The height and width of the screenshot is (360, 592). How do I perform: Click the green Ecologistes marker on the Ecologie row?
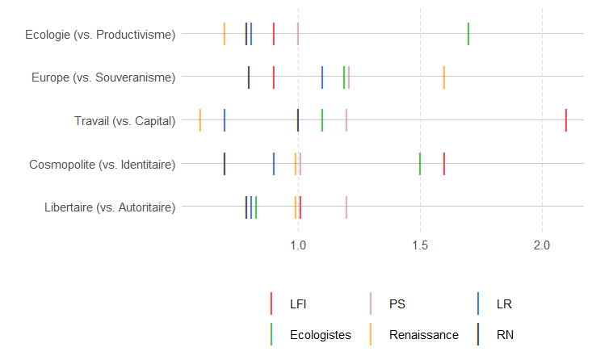tap(468, 34)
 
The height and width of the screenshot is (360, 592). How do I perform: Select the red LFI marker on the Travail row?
tap(566, 120)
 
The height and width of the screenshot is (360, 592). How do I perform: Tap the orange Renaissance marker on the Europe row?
tap(444, 77)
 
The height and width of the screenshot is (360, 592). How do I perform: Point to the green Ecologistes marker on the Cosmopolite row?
tap(420, 164)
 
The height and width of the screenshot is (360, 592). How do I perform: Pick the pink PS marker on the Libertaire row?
tap(346, 207)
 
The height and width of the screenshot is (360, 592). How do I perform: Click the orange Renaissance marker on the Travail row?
tap(200, 120)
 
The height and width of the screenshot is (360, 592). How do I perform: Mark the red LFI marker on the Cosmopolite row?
tap(444, 164)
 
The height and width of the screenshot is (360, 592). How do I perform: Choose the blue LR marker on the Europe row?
tap(322, 77)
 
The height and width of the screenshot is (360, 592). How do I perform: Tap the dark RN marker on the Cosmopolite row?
tap(225, 164)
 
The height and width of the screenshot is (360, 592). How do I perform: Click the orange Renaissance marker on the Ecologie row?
tap(225, 34)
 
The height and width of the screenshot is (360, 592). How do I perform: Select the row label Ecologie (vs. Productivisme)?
tap(100, 35)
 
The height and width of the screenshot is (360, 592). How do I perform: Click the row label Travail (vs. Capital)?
tap(124, 121)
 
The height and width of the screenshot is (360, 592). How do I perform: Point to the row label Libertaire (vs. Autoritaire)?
tap(110, 207)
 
